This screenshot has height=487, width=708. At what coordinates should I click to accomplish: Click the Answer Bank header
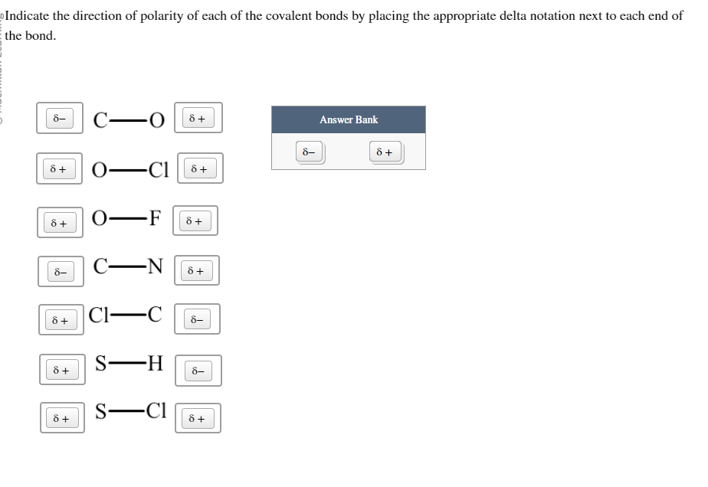pyautogui.click(x=349, y=119)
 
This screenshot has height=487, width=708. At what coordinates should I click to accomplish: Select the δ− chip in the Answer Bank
pyautogui.click(x=310, y=152)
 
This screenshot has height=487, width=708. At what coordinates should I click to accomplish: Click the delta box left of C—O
pyautogui.click(x=58, y=118)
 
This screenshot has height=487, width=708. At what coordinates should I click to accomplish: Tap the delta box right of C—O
pyautogui.click(x=198, y=118)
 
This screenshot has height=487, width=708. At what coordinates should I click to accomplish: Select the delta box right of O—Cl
pyautogui.click(x=199, y=168)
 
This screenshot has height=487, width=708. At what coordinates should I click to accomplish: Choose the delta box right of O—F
pyautogui.click(x=195, y=221)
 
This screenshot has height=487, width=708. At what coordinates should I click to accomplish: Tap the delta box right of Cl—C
pyautogui.click(x=197, y=319)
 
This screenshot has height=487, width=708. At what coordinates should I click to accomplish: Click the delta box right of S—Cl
pyautogui.click(x=198, y=418)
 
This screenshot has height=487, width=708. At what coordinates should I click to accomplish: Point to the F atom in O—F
pyautogui.click(x=154, y=218)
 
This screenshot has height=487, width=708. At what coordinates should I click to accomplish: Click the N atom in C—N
pyautogui.click(x=154, y=267)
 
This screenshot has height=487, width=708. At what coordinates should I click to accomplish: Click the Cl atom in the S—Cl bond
pyautogui.click(x=156, y=411)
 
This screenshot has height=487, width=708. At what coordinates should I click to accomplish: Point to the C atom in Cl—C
pyautogui.click(x=154, y=315)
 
